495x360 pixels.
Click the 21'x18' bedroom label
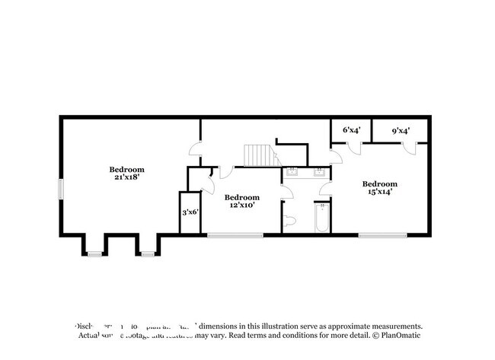tap(126, 173)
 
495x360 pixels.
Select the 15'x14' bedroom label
tap(379, 187)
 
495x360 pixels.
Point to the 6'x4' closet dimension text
tap(351, 130)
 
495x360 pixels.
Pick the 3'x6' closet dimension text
tap(190, 212)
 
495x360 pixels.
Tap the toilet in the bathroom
tap(289, 221)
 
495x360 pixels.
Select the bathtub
tap(321, 218)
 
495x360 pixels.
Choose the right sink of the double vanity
tap(320, 172)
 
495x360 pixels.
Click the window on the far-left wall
tap(62, 188)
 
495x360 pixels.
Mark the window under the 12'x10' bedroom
tap(235, 235)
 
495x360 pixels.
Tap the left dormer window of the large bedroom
tap(94, 253)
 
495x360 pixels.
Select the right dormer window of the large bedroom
tap(146, 253)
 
